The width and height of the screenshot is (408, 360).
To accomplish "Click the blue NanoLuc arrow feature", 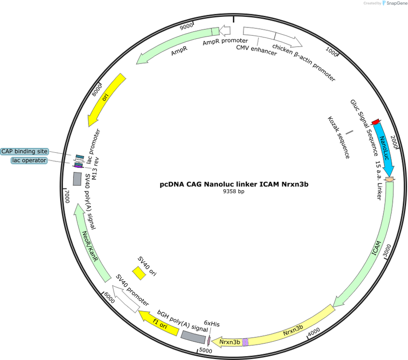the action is (384, 150).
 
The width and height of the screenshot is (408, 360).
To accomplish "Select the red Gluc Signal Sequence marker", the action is (375, 122).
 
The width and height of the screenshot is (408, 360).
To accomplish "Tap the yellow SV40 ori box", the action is (139, 273).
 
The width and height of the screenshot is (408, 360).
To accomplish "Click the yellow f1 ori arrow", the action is (158, 323).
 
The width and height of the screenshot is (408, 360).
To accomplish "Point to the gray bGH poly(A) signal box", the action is (193, 337).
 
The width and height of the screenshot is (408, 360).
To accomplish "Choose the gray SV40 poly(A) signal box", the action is (77, 179).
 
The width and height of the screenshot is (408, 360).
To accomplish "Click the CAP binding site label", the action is (25, 151).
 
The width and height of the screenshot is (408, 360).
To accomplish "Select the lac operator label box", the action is (29, 160).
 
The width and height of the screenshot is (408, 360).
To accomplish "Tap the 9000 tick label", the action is (186, 26).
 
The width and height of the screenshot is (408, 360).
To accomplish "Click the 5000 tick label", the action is (205, 351).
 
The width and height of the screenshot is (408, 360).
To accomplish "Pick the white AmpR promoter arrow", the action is (225, 31).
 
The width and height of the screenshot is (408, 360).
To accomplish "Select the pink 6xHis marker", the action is (209, 340).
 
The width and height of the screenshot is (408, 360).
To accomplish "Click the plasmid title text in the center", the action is (234, 184).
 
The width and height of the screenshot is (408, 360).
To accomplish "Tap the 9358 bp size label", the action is (233, 191).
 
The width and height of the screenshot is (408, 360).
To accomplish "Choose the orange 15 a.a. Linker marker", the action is (390, 179).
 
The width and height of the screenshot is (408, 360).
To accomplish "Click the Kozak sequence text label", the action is (339, 137).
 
